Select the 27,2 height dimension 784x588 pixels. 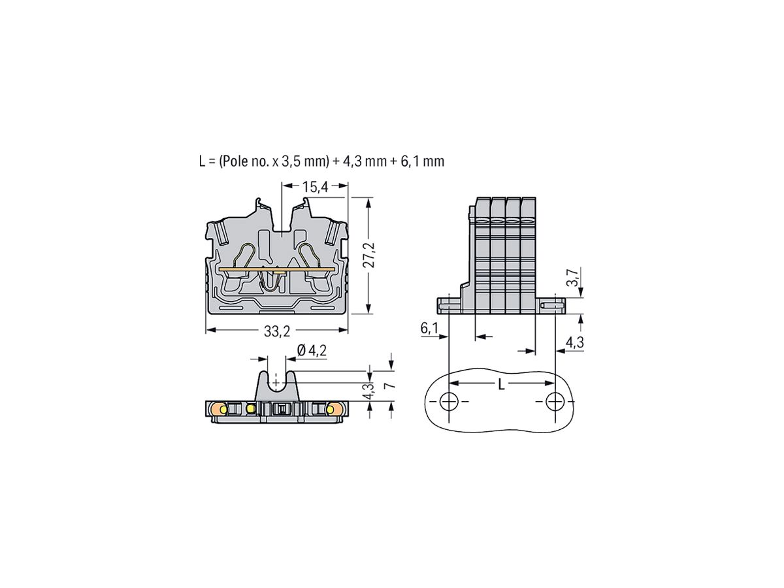click(x=369, y=255)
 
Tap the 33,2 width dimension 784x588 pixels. click(x=277, y=331)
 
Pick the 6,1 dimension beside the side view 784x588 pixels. click(x=429, y=329)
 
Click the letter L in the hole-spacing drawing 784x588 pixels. click(x=501, y=385)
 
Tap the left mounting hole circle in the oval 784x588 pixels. click(x=449, y=401)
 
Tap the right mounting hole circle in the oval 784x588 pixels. click(x=555, y=401)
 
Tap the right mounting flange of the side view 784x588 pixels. click(x=553, y=304)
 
